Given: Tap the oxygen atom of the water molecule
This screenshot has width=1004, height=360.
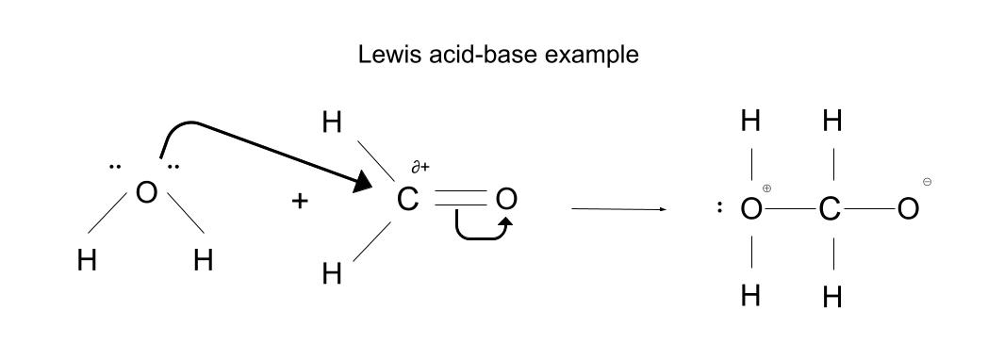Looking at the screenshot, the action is click(145, 192).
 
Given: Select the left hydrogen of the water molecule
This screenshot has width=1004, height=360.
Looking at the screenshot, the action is click(88, 260).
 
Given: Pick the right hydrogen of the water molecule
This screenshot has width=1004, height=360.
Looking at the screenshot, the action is click(203, 260).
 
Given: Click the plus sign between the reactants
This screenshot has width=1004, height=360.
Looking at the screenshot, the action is click(300, 201).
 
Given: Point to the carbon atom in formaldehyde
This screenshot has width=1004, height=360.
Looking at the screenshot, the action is click(407, 200).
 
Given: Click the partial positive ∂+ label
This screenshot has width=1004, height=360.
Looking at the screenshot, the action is click(420, 168).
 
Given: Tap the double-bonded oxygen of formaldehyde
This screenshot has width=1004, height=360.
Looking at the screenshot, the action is click(506, 200).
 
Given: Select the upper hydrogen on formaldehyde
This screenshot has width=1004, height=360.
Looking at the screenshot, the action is click(332, 123).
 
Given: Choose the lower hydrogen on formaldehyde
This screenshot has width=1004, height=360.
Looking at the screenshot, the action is click(332, 274).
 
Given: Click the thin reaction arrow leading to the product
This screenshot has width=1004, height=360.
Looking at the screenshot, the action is click(617, 209).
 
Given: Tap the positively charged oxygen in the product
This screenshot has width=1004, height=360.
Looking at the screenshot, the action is click(751, 210).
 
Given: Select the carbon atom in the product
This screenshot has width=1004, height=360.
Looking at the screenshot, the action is click(830, 210).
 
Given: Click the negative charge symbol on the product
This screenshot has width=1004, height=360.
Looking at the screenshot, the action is click(929, 181).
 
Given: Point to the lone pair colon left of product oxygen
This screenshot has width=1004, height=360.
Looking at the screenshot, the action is click(720, 209).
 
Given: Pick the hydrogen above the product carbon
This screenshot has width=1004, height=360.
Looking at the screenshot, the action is click(831, 121).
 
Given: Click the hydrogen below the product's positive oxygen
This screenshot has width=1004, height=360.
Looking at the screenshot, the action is click(751, 296).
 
